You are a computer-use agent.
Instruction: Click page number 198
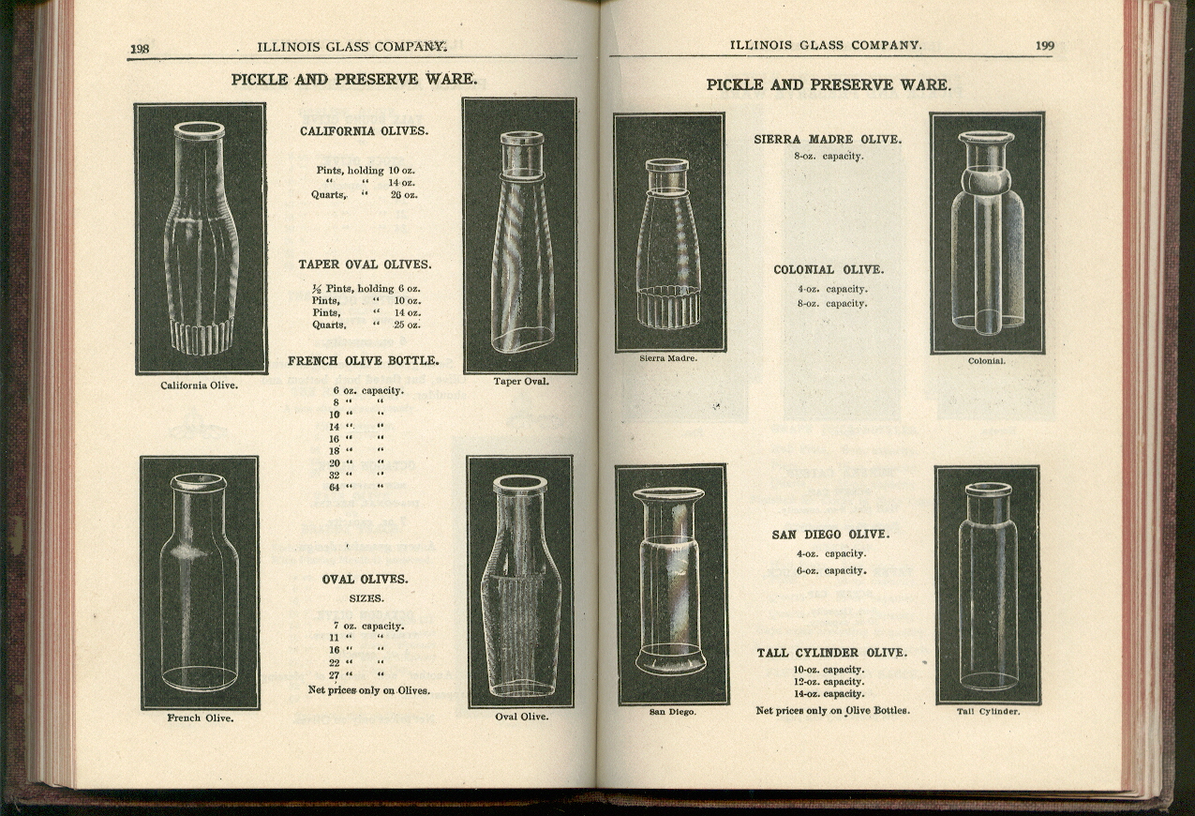click(x=141, y=49)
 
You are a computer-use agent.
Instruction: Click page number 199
click(x=1045, y=45)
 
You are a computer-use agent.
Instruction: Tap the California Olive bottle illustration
click(x=201, y=238)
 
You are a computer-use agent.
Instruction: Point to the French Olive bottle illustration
click(x=200, y=582)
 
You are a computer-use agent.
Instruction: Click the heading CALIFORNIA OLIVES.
click(x=364, y=131)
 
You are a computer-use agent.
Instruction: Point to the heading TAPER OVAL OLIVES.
click(x=365, y=264)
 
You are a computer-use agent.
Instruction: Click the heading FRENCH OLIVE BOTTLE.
click(x=363, y=361)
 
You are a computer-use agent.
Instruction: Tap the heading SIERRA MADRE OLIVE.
click(x=828, y=139)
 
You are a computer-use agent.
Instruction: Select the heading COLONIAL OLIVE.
click(x=829, y=270)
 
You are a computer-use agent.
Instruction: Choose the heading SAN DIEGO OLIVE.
click(x=829, y=535)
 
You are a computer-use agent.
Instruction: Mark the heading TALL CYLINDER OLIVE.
click(x=831, y=653)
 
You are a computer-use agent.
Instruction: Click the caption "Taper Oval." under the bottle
click(x=521, y=382)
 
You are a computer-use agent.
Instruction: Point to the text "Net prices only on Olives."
click(x=369, y=690)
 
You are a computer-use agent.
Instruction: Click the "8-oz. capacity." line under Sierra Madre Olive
click(x=829, y=156)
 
